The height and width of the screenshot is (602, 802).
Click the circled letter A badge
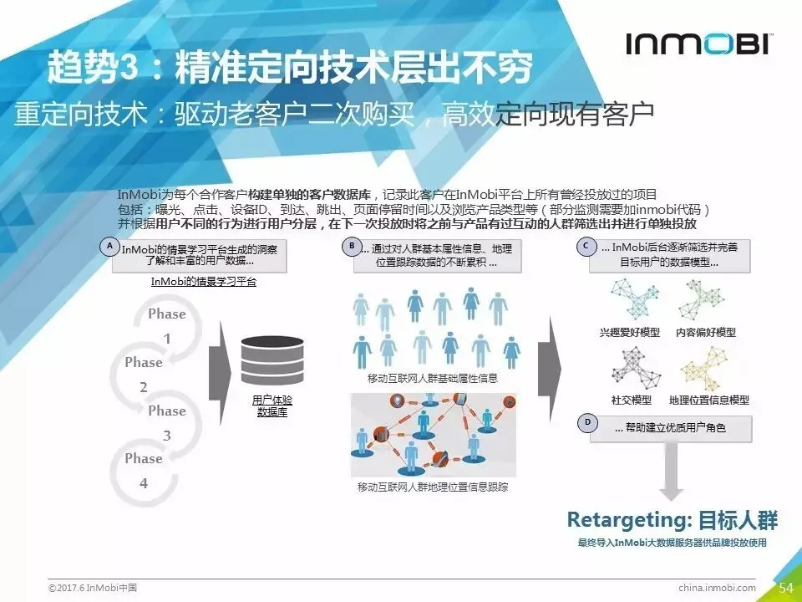click(108, 246)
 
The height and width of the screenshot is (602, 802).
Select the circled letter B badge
click(352, 246)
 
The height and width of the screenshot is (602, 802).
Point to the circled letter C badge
click(587, 246)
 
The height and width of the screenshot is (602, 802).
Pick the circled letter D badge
click(587, 422)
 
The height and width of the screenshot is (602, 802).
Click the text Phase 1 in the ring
click(167, 326)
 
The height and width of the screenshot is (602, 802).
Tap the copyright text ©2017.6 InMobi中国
click(93, 588)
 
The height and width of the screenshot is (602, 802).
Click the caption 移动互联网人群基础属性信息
click(433, 378)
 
